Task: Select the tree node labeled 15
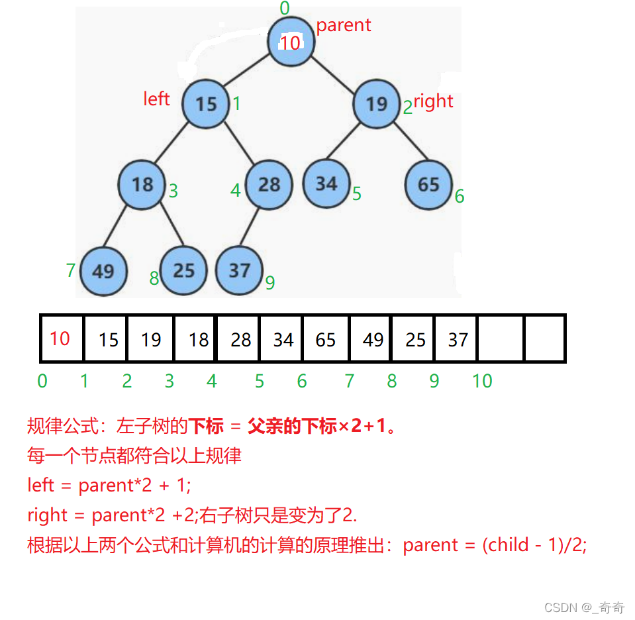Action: pos(206,104)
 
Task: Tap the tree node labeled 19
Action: pos(376,104)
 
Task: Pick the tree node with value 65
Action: pos(428,184)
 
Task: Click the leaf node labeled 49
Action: pos(103,271)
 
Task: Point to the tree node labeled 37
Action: pos(239,270)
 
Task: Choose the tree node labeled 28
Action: pos(269,184)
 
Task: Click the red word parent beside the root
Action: pos(343,25)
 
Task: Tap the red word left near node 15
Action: pos(156,99)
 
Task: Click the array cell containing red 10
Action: pos(62,338)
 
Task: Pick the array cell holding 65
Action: pos(326,339)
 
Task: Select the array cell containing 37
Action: pos(458,339)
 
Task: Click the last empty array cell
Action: pos(544,339)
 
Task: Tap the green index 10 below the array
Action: pos(482,381)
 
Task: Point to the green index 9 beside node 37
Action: pos(269,283)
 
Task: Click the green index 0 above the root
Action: pos(285,9)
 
